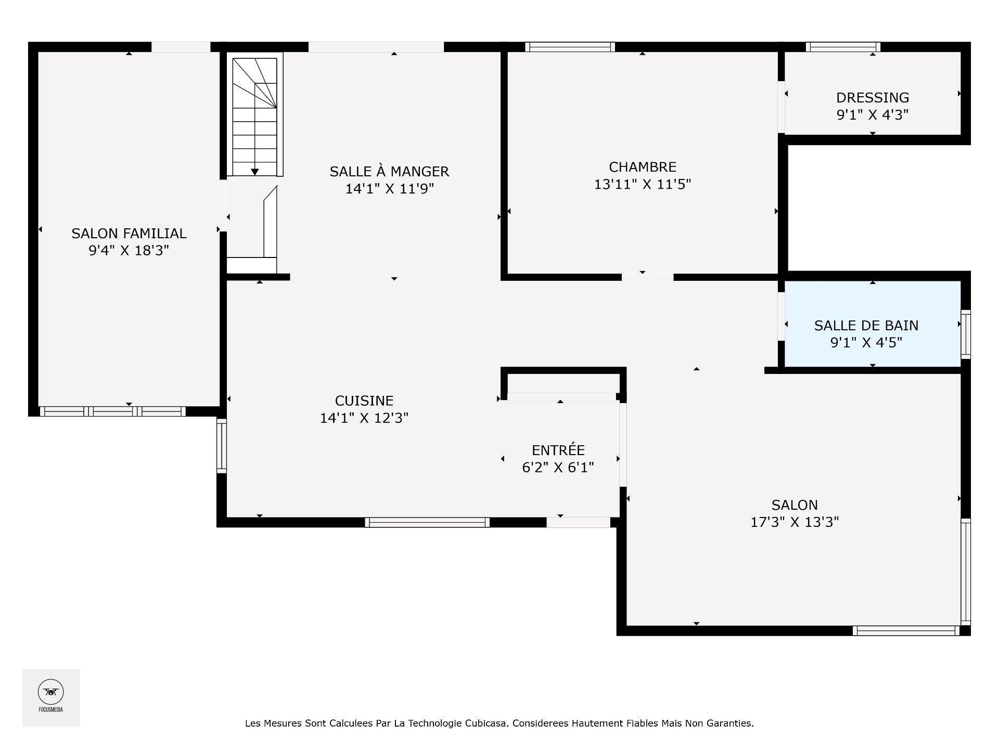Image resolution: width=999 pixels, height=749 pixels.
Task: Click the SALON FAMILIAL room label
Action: tap(129, 234)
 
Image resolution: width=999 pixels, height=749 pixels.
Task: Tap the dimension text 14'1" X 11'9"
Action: tap(389, 189)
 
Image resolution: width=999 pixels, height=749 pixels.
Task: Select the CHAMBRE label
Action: tap(643, 167)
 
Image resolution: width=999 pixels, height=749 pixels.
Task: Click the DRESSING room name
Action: tap(872, 98)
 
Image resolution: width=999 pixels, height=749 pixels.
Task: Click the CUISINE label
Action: tap(364, 401)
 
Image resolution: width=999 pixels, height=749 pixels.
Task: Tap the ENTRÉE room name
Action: tap(558, 450)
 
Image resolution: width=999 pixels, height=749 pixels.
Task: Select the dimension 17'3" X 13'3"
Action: tap(794, 522)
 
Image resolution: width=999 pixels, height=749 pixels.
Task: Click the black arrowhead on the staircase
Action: tap(255, 172)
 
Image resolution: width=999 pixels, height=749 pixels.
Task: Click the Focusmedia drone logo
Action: tap(51, 692)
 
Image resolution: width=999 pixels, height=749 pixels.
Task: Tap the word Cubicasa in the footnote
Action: tap(486, 724)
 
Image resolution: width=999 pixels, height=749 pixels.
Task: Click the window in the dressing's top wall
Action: tap(842, 47)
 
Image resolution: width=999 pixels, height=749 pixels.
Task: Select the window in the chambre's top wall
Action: tap(570, 47)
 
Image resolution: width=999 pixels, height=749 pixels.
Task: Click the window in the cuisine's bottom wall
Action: tap(427, 522)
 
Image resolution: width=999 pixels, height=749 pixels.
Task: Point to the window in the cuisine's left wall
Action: tap(222, 446)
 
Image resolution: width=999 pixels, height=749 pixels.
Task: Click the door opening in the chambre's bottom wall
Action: tap(647, 277)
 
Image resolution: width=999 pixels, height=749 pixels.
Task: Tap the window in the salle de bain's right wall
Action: tap(965, 334)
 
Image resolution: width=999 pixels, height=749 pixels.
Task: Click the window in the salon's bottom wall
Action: tap(906, 630)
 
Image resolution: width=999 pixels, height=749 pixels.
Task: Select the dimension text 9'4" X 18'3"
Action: tap(129, 251)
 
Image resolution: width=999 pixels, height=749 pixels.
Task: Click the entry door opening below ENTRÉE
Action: tap(578, 522)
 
